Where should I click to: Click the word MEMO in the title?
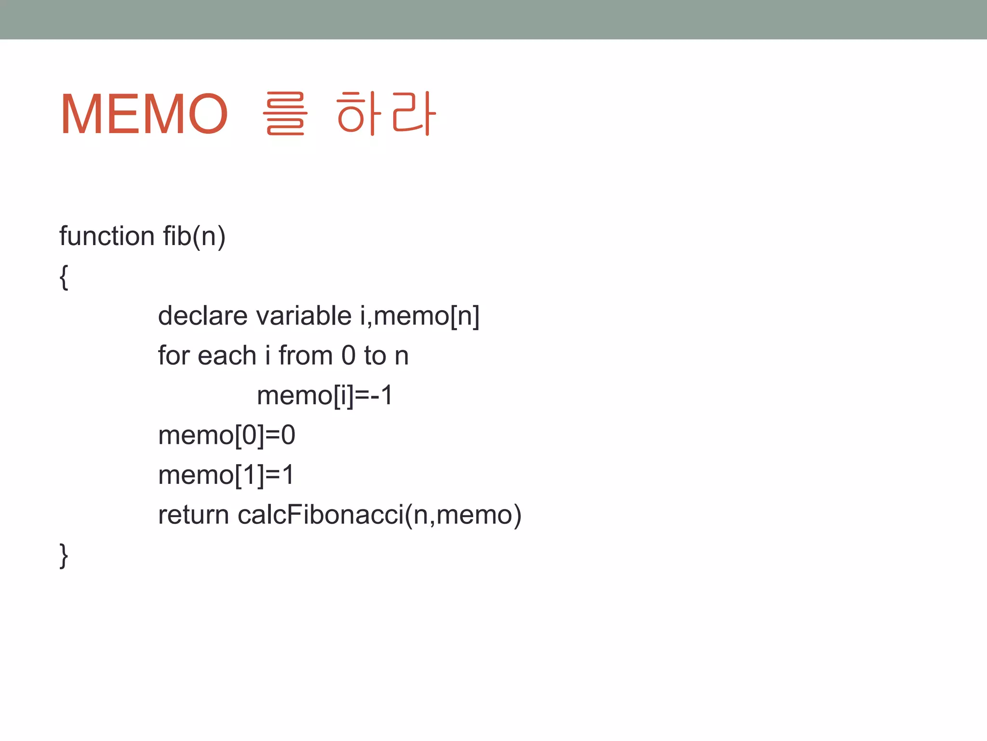pyautogui.click(x=144, y=115)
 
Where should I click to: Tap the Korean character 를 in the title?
pyautogui.click(x=284, y=114)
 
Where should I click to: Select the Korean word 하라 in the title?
pyautogui.click(x=386, y=114)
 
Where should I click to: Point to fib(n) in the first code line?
pyautogui.click(x=194, y=236)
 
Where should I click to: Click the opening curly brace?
pyautogui.click(x=64, y=277)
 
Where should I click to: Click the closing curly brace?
pyautogui.click(x=64, y=555)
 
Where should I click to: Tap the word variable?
pyautogui.click(x=304, y=316)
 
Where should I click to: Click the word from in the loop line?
pyautogui.click(x=306, y=356)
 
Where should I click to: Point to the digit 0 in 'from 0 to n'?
pyautogui.click(x=348, y=356)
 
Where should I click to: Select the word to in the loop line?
pyautogui.click(x=375, y=356)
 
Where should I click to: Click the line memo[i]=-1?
pyautogui.click(x=325, y=396)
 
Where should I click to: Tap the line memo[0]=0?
pyautogui.click(x=227, y=436)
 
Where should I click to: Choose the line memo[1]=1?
pyautogui.click(x=226, y=475)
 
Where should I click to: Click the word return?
pyautogui.click(x=193, y=515)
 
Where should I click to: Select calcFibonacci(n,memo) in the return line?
pyautogui.click(x=379, y=515)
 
